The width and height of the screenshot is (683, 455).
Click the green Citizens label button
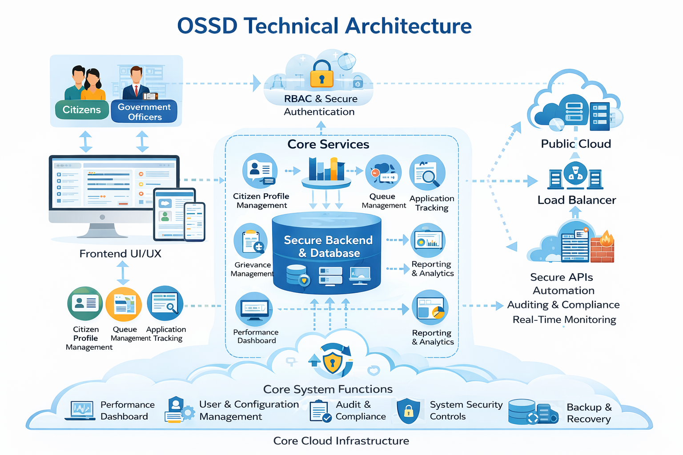[x=82, y=109]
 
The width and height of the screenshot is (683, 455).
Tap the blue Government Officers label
[x=144, y=112]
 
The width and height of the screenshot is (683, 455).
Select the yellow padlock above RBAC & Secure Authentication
[x=321, y=74]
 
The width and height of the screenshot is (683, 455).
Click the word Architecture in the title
[x=408, y=26]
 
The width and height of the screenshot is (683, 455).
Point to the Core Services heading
[x=328, y=144]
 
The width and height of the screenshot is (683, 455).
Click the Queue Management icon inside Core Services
[x=383, y=172]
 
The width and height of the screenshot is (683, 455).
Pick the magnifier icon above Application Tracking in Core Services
[x=427, y=173]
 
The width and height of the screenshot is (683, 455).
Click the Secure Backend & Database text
[x=328, y=247]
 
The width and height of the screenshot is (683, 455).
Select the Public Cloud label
[x=576, y=144]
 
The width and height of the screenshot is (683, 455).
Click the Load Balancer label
[x=577, y=200]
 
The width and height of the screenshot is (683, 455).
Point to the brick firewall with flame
[x=602, y=247]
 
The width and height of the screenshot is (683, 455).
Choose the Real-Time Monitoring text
[x=564, y=319]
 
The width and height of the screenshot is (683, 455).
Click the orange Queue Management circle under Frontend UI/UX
[x=124, y=304]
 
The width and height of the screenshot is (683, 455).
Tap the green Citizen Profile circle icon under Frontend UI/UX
[x=85, y=303]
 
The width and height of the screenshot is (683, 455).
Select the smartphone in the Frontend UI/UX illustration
[x=194, y=222]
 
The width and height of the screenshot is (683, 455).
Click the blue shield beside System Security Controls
[x=408, y=411]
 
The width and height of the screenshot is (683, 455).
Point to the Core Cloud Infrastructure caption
[x=341, y=441]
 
